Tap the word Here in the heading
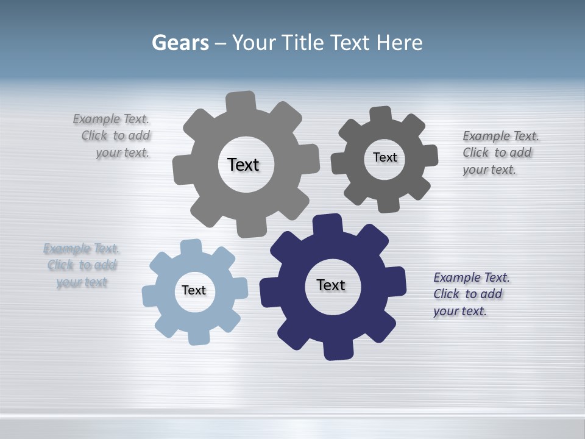(399, 43)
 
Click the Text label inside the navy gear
(331, 285)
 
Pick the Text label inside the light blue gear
(194, 290)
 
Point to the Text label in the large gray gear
(243, 165)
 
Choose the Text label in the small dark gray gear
(385, 157)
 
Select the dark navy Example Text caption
(471, 294)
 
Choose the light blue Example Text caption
(81, 265)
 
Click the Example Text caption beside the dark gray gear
(500, 152)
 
